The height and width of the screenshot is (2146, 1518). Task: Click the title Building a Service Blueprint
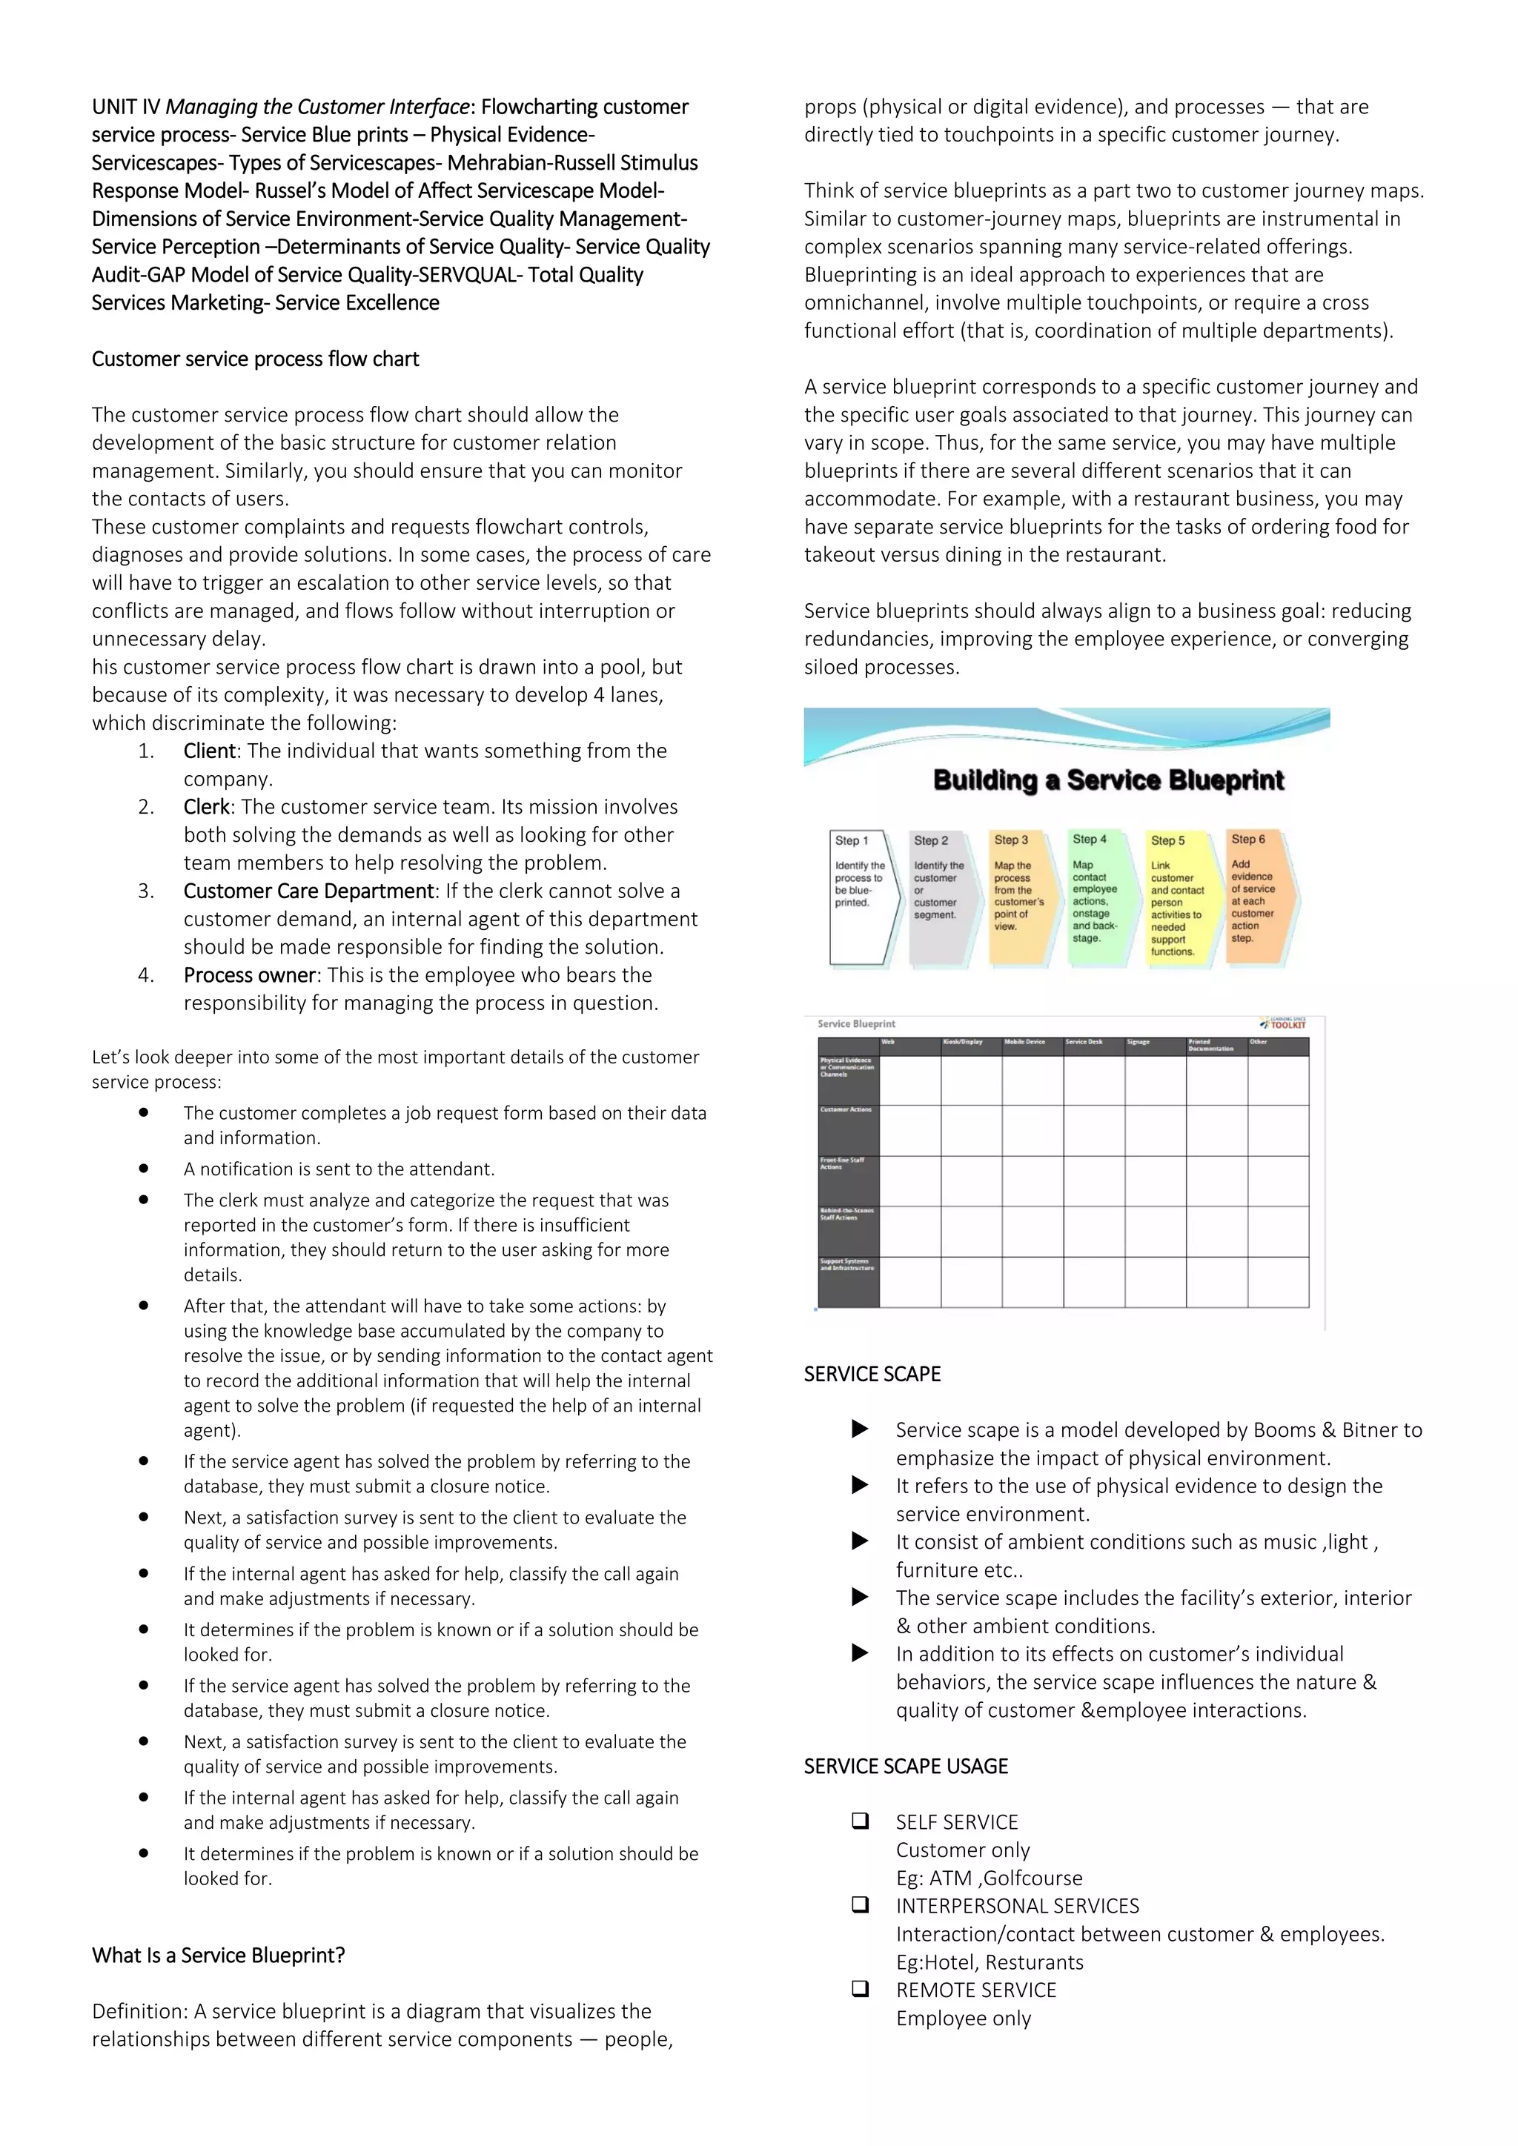[x=1109, y=780]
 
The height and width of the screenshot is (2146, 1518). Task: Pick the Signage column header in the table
[x=1138, y=1042]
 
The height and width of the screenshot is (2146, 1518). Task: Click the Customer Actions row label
[x=846, y=1109]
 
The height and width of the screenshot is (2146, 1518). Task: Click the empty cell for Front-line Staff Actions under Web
[x=909, y=1180]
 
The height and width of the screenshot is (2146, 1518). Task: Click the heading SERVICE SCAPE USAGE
[x=906, y=1766]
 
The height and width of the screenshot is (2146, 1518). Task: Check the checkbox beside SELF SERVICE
[x=860, y=1821]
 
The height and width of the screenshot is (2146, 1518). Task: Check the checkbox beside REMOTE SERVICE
[x=860, y=1989]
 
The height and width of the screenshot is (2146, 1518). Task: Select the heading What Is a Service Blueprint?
[x=219, y=1954]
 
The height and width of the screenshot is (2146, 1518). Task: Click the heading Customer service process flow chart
[x=255, y=359]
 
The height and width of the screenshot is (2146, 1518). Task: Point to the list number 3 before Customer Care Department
[x=146, y=891]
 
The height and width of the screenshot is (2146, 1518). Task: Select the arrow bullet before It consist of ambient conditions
[x=860, y=1541]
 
